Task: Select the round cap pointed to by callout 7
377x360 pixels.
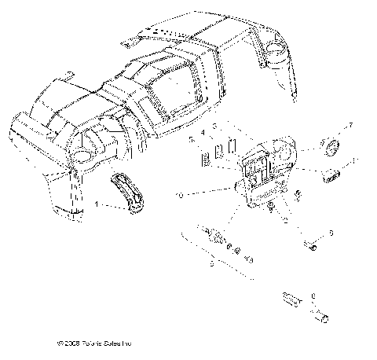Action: [330, 146]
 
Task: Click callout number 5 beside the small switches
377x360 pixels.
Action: [191, 138]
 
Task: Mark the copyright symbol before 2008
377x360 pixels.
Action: [61, 343]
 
